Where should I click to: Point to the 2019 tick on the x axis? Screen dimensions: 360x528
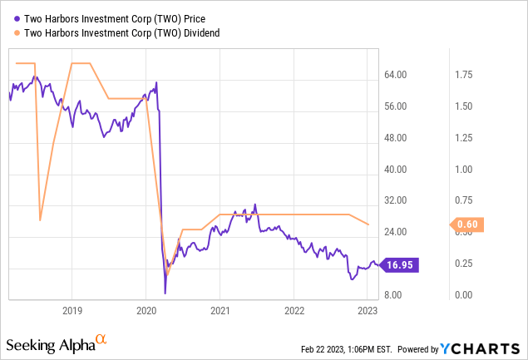click(72, 310)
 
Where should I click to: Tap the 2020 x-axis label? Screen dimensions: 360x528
click(146, 310)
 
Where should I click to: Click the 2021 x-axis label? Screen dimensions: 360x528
click(220, 310)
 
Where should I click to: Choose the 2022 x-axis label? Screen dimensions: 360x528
click(294, 310)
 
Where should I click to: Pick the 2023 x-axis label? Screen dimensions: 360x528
click(368, 310)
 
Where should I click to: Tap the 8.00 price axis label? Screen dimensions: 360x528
click(406, 295)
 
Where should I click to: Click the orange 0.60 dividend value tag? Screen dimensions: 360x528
click(469, 224)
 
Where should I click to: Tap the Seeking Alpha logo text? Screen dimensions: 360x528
click(50, 344)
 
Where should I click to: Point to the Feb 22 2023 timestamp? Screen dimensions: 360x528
click(348, 348)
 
